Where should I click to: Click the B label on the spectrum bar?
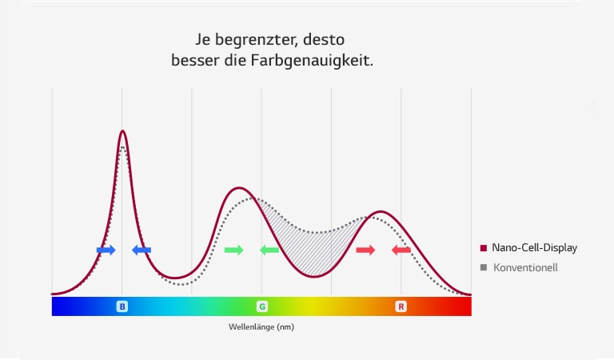122,306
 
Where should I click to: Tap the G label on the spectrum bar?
261,306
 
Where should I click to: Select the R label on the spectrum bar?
401,306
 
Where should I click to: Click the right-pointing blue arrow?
106,250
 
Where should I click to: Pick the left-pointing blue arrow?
142,250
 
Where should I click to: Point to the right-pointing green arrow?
233,250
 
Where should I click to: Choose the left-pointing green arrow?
269,250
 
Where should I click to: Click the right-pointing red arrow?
365,250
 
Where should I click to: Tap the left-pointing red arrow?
401,250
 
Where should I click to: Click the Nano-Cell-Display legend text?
534,248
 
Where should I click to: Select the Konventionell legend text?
525,267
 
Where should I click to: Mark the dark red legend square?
484,248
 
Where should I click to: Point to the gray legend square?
484,267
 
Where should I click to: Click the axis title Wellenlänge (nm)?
261,326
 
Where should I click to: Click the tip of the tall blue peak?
122,131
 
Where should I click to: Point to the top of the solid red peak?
382,212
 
